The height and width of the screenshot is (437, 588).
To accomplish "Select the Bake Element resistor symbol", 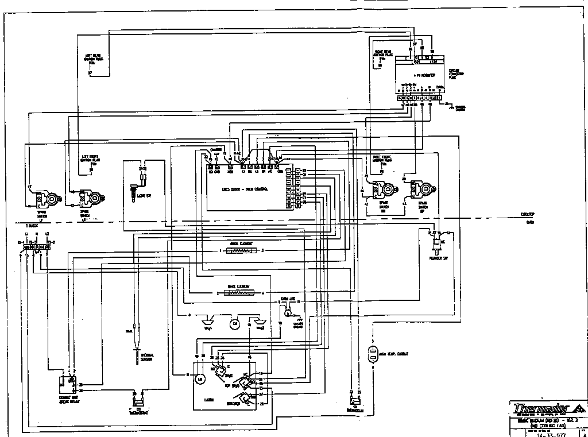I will pos(239,293).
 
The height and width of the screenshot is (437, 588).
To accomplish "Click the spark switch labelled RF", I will pos(424,188).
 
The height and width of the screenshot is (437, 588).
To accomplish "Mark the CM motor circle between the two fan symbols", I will pos(234,324).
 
